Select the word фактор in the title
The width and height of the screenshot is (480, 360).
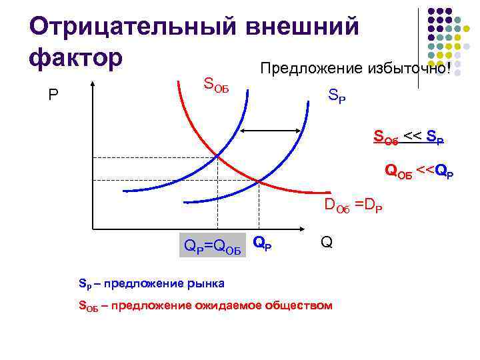(x=76, y=56)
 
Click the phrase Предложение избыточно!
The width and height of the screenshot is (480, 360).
(x=355, y=69)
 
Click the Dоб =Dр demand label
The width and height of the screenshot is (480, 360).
(x=353, y=205)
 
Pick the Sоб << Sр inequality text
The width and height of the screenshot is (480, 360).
(x=408, y=139)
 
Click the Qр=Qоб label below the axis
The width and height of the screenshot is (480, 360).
(x=213, y=249)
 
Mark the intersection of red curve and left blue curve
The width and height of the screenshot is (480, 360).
(x=217, y=156)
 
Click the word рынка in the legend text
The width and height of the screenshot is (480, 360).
(x=207, y=284)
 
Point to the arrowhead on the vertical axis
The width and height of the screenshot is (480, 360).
(x=93, y=85)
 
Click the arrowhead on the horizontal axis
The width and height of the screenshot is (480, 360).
(x=311, y=228)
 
